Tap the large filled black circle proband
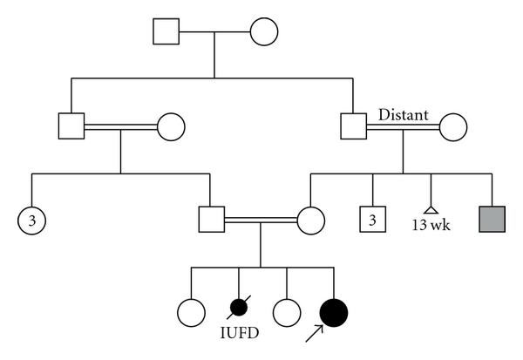point(335,310)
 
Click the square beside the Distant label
point(354,126)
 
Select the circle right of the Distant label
point(453,126)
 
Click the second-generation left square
point(71,126)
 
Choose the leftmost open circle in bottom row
point(189,310)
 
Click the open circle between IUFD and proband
point(286,310)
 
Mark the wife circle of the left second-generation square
point(170,126)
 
